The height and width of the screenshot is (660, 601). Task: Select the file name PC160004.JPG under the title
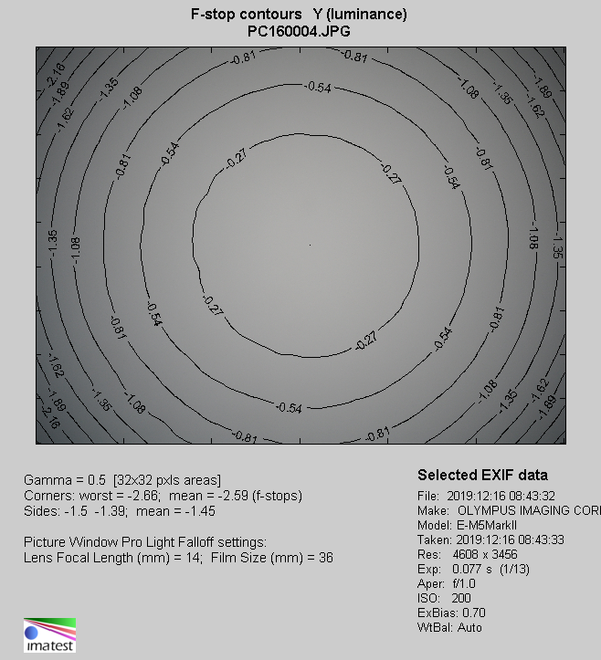(x=300, y=30)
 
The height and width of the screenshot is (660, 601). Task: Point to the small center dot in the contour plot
(x=311, y=245)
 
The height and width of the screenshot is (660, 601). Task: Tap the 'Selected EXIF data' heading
(x=482, y=476)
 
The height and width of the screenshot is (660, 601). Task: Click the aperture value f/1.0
(x=469, y=583)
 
